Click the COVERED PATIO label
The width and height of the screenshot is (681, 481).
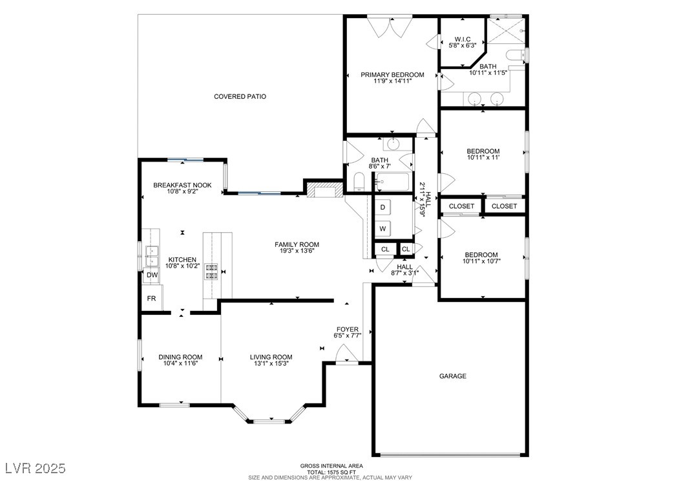240,96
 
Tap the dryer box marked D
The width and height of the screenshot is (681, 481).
382,208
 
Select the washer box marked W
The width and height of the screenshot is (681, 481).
382,229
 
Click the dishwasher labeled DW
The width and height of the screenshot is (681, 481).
152,275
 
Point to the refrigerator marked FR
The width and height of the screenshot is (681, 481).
152,299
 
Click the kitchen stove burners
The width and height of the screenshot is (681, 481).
211,272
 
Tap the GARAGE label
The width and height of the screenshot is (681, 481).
452,376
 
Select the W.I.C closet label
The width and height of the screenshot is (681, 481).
462,39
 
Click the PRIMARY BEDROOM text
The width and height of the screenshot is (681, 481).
392,75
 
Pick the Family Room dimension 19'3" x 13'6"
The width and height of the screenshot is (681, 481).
297,251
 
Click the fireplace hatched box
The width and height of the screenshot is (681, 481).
324,190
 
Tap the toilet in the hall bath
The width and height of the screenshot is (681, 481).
359,182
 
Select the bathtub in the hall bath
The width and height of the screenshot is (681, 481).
392,182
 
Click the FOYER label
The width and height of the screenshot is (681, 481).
348,329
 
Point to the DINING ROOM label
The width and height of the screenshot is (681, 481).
180,357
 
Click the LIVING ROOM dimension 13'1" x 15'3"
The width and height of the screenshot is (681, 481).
271,363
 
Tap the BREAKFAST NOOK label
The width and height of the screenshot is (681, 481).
182,185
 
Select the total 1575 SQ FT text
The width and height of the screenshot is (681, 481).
331,472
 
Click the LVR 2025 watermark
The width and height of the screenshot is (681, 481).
35,468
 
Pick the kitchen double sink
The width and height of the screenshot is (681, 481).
151,257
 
